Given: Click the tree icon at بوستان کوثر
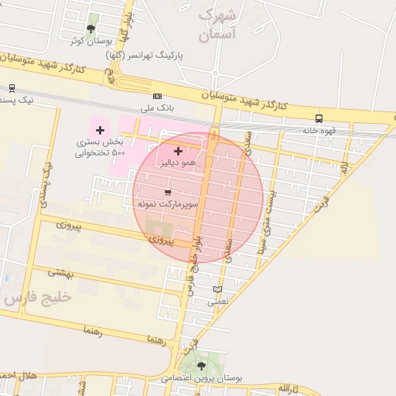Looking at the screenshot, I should click(x=91, y=29).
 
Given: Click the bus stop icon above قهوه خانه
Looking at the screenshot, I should click(x=319, y=118).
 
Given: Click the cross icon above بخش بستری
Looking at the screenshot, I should click(x=100, y=129).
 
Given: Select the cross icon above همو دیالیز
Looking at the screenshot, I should click(x=179, y=151).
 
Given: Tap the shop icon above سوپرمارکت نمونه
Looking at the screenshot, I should click(x=168, y=191).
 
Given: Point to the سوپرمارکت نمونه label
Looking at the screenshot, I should click(x=168, y=203).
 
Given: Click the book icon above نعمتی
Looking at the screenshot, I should click(x=217, y=290).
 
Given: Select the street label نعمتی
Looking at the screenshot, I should click(x=217, y=303).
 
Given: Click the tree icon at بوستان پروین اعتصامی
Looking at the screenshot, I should click(x=202, y=365).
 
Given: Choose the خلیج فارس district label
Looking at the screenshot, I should click(x=37, y=297).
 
